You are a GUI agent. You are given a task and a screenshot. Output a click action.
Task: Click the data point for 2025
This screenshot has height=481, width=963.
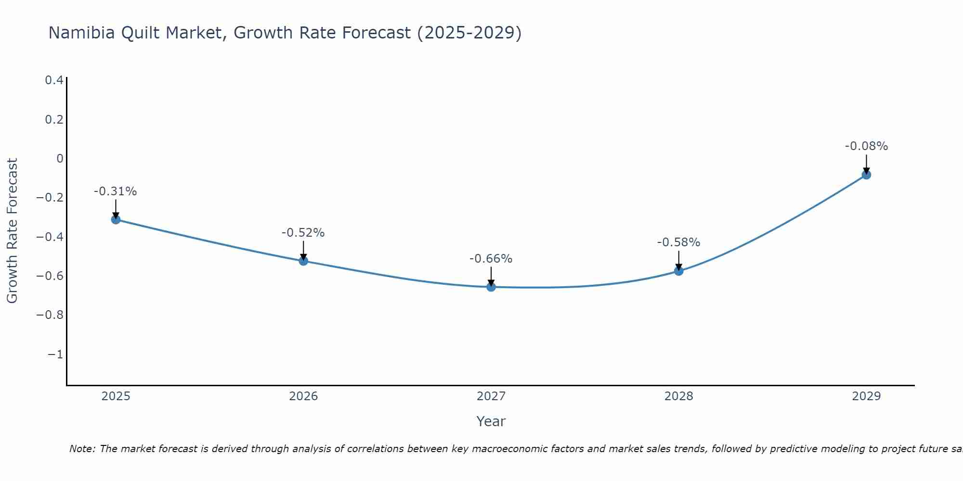tap(116, 219)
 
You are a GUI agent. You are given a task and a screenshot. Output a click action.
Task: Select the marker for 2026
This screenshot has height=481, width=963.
tap(303, 261)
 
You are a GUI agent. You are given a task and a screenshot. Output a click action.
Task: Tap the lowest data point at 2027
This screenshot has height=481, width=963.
tap(491, 287)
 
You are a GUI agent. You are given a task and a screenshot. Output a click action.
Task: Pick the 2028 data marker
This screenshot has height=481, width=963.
tap(678, 271)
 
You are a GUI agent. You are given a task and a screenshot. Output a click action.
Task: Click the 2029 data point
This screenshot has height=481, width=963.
tap(866, 175)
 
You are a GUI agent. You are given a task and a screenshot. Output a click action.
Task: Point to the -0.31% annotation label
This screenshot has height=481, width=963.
tap(115, 191)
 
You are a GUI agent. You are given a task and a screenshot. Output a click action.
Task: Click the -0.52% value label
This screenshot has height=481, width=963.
tap(303, 233)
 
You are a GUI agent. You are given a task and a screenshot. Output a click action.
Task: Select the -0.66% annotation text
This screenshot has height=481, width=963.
tap(491, 259)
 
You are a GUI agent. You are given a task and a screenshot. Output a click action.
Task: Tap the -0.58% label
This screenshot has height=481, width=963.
tap(678, 242)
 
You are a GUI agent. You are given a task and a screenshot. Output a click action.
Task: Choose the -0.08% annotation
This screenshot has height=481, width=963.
tap(866, 146)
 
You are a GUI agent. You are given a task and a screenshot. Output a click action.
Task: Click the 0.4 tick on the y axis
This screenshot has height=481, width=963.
tap(54, 80)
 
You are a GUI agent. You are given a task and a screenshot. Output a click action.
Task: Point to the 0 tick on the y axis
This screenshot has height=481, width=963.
tap(60, 159)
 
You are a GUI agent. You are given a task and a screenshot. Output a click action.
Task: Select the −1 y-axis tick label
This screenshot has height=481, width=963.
tap(55, 354)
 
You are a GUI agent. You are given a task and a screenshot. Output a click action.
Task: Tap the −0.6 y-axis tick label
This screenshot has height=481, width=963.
tap(50, 276)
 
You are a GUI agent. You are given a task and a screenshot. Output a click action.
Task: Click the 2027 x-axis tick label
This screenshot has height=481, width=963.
tap(491, 396)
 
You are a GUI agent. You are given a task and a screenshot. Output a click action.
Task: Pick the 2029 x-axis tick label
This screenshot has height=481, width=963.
tap(866, 396)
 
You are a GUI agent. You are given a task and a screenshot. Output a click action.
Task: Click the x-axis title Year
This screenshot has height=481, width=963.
tap(491, 421)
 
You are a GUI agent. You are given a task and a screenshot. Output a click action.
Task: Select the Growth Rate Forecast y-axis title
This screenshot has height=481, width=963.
tap(12, 230)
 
